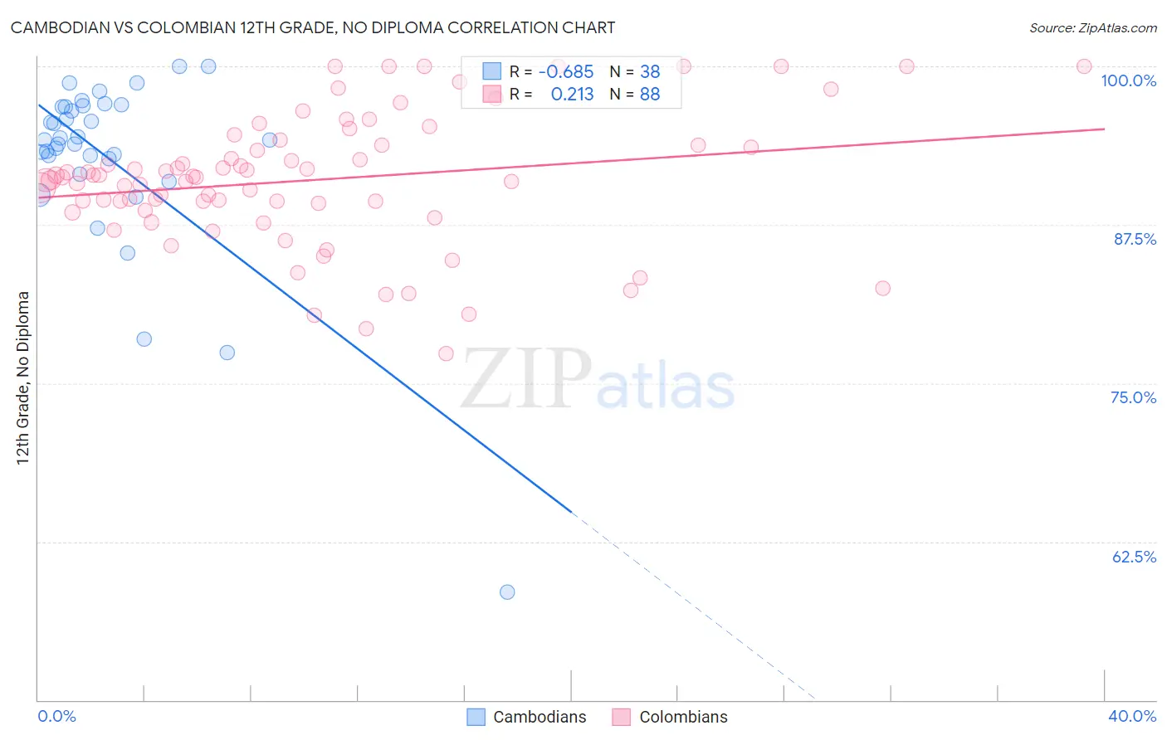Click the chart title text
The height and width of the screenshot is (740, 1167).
(313, 27)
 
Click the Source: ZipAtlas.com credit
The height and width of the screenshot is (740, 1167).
(1092, 27)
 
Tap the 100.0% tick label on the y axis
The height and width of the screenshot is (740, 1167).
(1128, 80)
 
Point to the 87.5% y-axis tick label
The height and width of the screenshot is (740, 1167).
(1134, 239)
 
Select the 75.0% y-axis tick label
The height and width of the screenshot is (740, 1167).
(1133, 397)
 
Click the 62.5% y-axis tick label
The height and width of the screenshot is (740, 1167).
(1134, 557)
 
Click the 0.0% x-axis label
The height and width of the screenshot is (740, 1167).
(56, 716)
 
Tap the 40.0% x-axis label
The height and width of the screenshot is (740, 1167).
(1131, 716)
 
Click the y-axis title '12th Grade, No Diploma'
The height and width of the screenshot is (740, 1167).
(23, 377)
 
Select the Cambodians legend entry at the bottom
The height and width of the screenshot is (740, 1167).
(527, 717)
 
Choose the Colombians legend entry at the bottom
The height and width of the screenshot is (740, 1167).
(670, 717)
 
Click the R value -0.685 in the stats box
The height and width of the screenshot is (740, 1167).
(566, 72)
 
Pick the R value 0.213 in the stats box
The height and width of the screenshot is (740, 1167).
(572, 95)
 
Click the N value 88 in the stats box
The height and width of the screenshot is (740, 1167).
(650, 95)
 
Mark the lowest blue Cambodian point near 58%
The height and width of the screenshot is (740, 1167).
(507, 592)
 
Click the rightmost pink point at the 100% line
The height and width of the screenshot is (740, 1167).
(1084, 66)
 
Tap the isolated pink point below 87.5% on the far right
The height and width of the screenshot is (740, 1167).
(882, 288)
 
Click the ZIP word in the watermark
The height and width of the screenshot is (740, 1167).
(525, 380)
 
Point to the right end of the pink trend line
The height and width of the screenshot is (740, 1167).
(1104, 129)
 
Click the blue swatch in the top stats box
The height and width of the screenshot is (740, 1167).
(492, 72)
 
